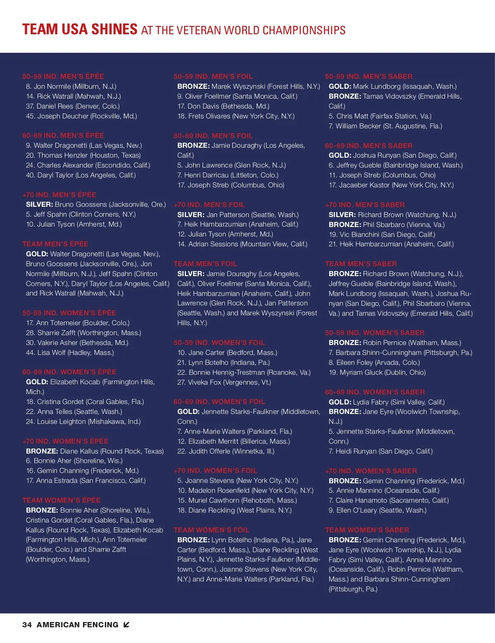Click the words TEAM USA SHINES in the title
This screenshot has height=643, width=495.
pos(80,29)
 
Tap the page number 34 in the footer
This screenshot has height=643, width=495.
pos(27,625)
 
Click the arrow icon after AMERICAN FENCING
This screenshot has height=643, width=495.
pos(126,625)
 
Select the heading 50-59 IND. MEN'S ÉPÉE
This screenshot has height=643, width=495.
pos(63,76)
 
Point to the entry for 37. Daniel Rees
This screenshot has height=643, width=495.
pos(73,106)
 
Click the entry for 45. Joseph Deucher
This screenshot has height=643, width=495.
pos(81,116)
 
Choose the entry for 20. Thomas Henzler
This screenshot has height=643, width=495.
pos(83,155)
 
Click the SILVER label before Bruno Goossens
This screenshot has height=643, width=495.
pos(39,204)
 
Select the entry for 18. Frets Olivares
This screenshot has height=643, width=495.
pos(236,116)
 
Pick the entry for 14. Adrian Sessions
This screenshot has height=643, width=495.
pos(242,244)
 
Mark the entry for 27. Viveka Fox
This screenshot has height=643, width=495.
pos(224,382)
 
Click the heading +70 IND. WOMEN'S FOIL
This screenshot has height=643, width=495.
pos(215,470)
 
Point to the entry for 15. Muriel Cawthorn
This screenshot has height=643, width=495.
pos(237,500)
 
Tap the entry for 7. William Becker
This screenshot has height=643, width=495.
pos(385,126)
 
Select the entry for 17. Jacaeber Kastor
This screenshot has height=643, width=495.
pos(391,185)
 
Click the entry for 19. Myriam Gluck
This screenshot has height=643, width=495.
pos(377,372)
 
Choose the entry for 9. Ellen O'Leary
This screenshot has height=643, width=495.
pos(377,510)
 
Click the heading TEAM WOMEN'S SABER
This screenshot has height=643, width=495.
pos(367,530)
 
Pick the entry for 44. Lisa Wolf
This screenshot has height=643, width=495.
pos(70,352)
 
